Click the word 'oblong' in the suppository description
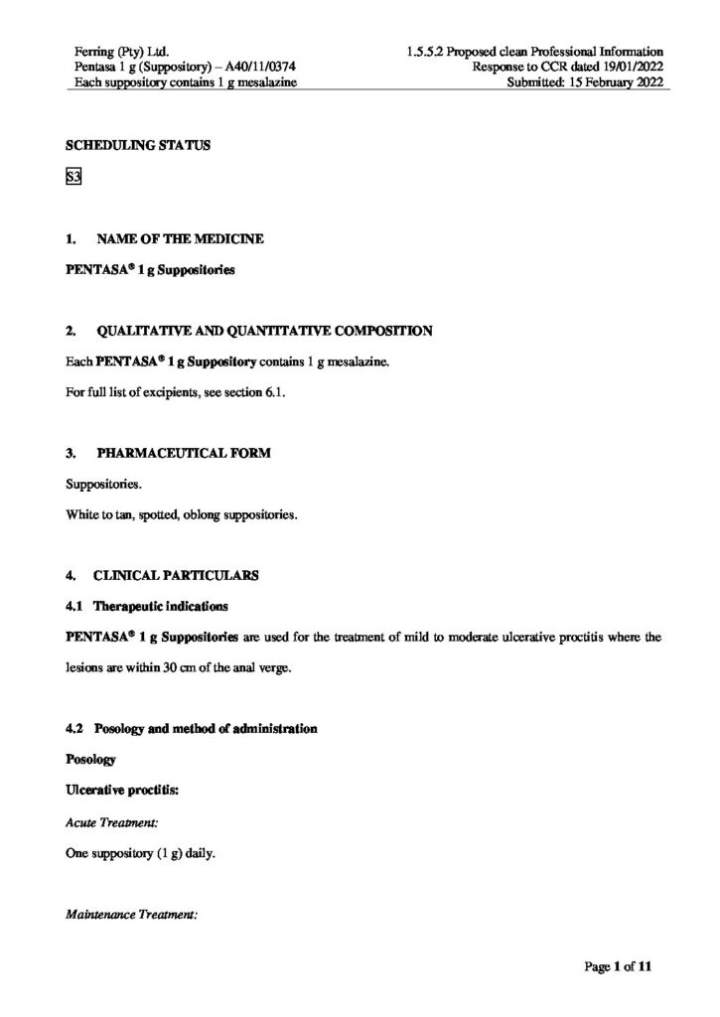click(x=202, y=515)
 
